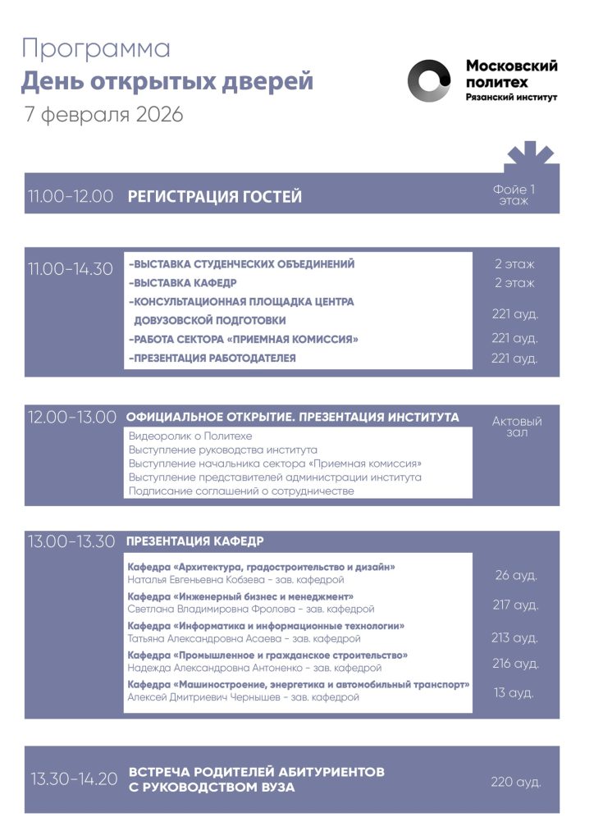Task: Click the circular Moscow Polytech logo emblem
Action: click(x=430, y=80)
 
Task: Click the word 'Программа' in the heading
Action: click(x=96, y=48)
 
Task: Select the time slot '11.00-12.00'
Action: click(x=71, y=197)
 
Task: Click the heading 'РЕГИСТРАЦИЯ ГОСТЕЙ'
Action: click(x=215, y=197)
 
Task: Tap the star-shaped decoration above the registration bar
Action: click(x=524, y=155)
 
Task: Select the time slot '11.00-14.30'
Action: click(x=71, y=268)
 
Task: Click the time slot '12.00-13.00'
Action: click(x=72, y=417)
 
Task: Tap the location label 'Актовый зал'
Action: click(x=517, y=427)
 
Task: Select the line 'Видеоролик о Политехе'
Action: click(x=190, y=436)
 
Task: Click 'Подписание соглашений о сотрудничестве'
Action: click(x=241, y=491)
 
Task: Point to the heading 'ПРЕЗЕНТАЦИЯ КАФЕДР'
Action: click(x=194, y=541)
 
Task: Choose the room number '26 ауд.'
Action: click(x=516, y=575)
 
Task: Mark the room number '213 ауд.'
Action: click(x=515, y=637)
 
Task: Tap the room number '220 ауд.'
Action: click(x=516, y=782)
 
